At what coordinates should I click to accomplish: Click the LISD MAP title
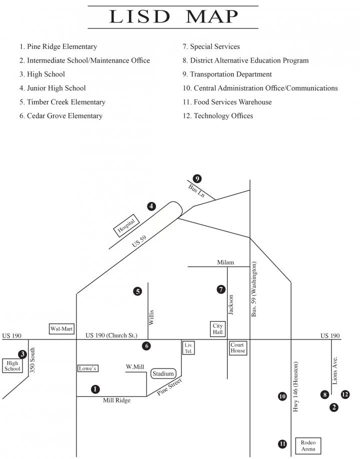click(173, 17)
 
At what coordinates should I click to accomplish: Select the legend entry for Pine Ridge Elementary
click(58, 46)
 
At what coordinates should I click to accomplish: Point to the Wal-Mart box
click(61, 328)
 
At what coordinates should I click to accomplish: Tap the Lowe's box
click(87, 368)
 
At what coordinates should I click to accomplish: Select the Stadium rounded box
click(163, 373)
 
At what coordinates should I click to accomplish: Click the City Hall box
click(217, 329)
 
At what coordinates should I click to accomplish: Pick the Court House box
click(237, 347)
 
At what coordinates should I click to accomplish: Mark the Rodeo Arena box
click(308, 445)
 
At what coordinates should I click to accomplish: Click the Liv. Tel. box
click(188, 348)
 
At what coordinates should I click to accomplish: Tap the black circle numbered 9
click(197, 178)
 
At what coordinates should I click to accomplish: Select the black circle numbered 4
click(152, 206)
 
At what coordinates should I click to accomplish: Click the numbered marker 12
click(345, 394)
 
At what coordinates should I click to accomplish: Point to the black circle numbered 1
click(95, 388)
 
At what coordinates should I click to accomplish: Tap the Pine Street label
click(169, 387)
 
